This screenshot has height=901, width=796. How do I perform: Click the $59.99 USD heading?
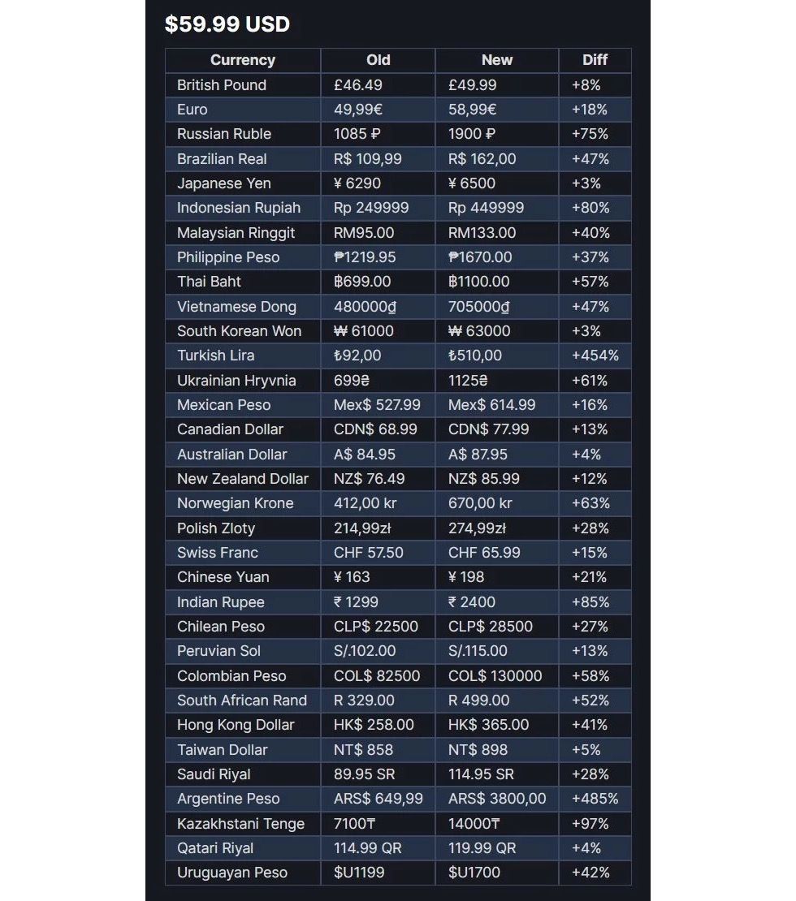227,24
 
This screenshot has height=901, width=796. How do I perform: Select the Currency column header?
242,60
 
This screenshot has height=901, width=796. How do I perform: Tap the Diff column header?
595,60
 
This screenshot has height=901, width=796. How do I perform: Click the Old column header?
378,60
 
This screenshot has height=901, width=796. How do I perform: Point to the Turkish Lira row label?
215,356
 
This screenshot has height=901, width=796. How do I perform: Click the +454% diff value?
595,356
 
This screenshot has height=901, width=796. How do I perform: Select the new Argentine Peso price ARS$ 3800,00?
497,799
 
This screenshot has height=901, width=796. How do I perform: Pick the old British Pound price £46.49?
357,85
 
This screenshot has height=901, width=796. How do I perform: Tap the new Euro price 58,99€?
472,110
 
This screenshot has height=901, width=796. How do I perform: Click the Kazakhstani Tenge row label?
240,824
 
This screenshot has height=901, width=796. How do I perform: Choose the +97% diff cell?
591,824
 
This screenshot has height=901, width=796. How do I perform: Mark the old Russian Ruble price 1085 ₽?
357,134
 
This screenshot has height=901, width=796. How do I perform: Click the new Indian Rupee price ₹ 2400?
471,602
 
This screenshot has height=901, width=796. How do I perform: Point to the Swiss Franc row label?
217,553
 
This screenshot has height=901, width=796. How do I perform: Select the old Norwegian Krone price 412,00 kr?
365,503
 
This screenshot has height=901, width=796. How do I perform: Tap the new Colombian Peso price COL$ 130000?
495,676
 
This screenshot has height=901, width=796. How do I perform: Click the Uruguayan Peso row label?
231,873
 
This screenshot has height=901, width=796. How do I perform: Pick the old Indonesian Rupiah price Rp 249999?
371,208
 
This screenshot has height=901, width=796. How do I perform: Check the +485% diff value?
595,799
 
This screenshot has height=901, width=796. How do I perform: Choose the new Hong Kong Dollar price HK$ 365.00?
488,725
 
